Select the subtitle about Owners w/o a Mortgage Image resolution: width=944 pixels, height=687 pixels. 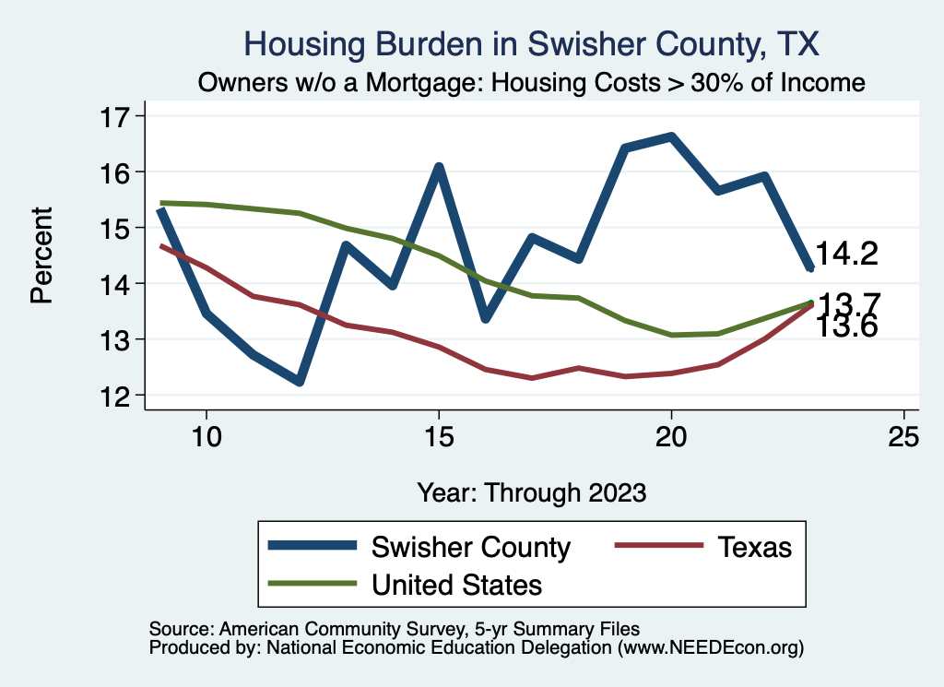point(531,83)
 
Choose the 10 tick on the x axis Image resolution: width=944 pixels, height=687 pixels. point(206,436)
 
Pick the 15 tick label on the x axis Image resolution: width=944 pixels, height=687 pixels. point(439,436)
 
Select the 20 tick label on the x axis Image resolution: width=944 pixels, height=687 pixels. point(671,436)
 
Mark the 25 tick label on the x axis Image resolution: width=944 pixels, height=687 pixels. point(903,436)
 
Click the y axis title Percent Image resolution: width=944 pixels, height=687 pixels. point(41,255)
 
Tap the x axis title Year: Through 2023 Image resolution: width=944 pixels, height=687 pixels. point(531,492)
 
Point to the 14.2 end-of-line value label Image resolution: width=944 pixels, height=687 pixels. point(846,255)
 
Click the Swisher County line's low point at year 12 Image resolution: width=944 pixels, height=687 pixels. point(300,381)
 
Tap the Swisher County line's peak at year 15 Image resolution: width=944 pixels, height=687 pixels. point(439,168)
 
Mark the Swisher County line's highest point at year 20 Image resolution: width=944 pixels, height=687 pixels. point(671,137)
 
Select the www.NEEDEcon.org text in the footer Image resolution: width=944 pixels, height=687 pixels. point(711,648)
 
